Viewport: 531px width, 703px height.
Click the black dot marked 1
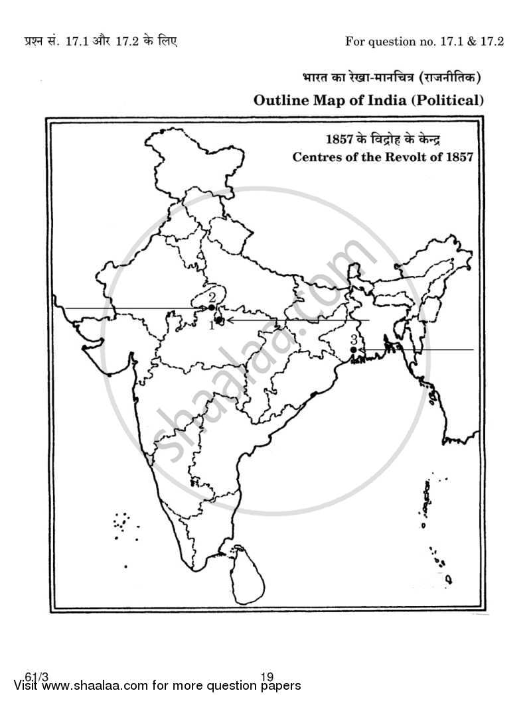click(x=219, y=320)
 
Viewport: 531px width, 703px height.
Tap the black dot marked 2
click(x=211, y=308)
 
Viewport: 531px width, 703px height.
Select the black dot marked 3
click(x=353, y=349)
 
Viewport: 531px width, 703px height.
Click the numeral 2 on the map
click(x=212, y=297)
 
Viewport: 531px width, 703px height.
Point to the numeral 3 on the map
click(x=354, y=339)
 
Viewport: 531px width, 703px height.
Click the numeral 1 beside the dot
click(x=212, y=325)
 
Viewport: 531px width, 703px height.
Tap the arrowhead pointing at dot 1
click(x=227, y=320)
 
